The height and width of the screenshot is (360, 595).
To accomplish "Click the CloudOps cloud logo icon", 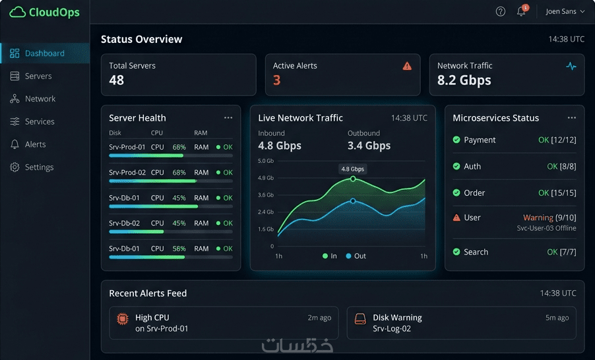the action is click(17, 12).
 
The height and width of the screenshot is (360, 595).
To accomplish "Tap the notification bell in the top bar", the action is click(521, 11).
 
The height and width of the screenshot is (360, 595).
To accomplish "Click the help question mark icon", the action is click(501, 11).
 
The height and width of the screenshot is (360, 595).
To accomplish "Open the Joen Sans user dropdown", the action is click(565, 11).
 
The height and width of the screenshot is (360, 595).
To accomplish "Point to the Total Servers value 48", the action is click(117, 80).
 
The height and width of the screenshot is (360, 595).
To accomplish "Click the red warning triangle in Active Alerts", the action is click(407, 66).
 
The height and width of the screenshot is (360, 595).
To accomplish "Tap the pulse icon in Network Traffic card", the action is click(571, 66).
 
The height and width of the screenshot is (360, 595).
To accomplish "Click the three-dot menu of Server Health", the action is click(228, 117).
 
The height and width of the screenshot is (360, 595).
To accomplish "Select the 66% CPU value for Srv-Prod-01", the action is click(179, 147).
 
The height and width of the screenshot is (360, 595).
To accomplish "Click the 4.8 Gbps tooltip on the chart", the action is click(352, 169).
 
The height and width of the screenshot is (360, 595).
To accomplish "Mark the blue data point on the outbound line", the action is click(353, 200).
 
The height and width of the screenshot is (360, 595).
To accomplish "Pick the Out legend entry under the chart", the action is click(356, 256).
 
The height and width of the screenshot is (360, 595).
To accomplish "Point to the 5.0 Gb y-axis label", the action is click(266, 161).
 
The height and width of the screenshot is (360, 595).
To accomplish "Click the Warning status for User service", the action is click(538, 218).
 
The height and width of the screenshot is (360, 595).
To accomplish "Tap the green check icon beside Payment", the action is click(456, 140).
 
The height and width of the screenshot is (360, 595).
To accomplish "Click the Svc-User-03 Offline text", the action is click(546, 228).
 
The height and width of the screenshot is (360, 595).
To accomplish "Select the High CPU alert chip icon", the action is click(123, 318).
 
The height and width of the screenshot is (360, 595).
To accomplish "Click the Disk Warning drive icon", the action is click(360, 318).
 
